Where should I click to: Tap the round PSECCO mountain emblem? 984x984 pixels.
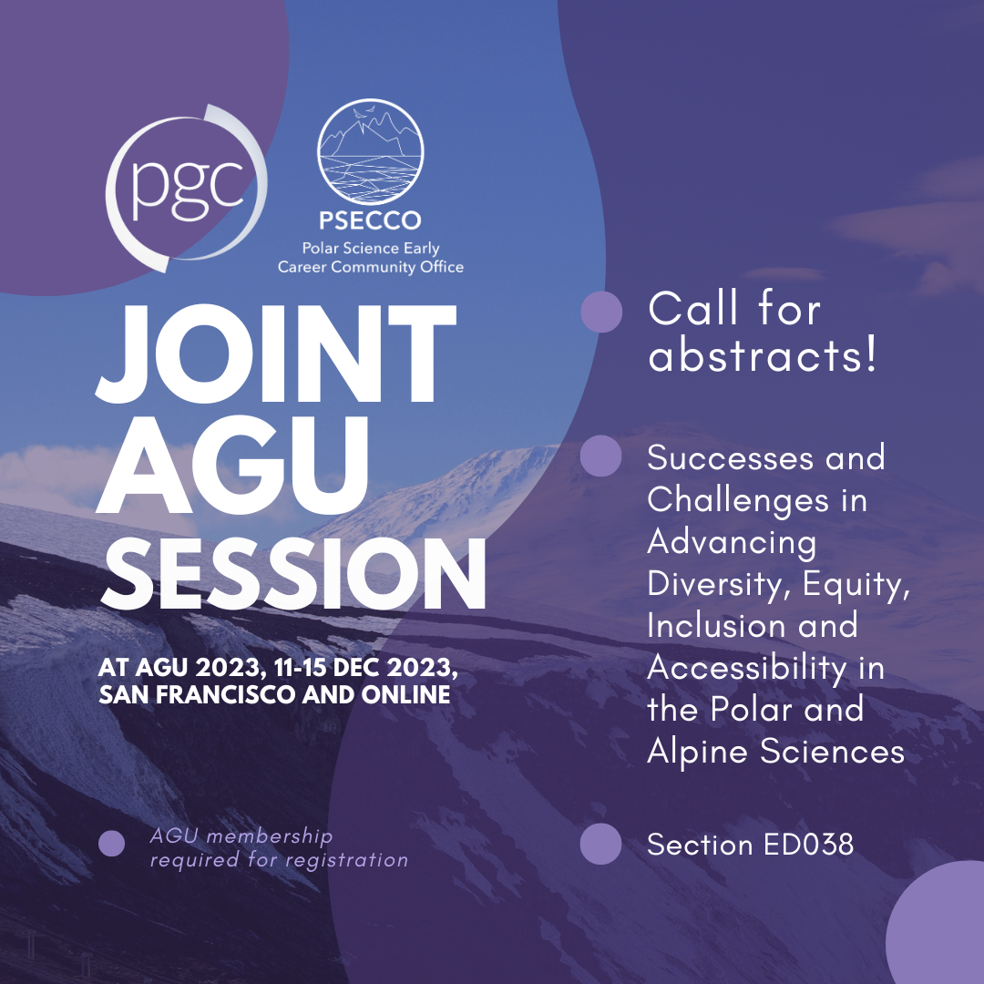coord(370,152)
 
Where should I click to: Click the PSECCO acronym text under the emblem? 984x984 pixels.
coord(370,220)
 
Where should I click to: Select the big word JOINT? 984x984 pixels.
coord(276,354)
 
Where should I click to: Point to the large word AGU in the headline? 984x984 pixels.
coord(232,465)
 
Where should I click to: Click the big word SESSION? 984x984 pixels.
coord(292,574)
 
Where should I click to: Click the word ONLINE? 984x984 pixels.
coord(405,694)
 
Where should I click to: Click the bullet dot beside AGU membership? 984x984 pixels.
coord(112,844)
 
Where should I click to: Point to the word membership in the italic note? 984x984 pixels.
coord(269,836)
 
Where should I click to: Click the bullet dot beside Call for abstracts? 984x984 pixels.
coord(601,312)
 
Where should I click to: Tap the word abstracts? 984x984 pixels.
coord(762,356)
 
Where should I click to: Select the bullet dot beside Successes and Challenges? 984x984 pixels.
coord(600,456)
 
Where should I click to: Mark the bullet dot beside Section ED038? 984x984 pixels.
coord(600,844)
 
